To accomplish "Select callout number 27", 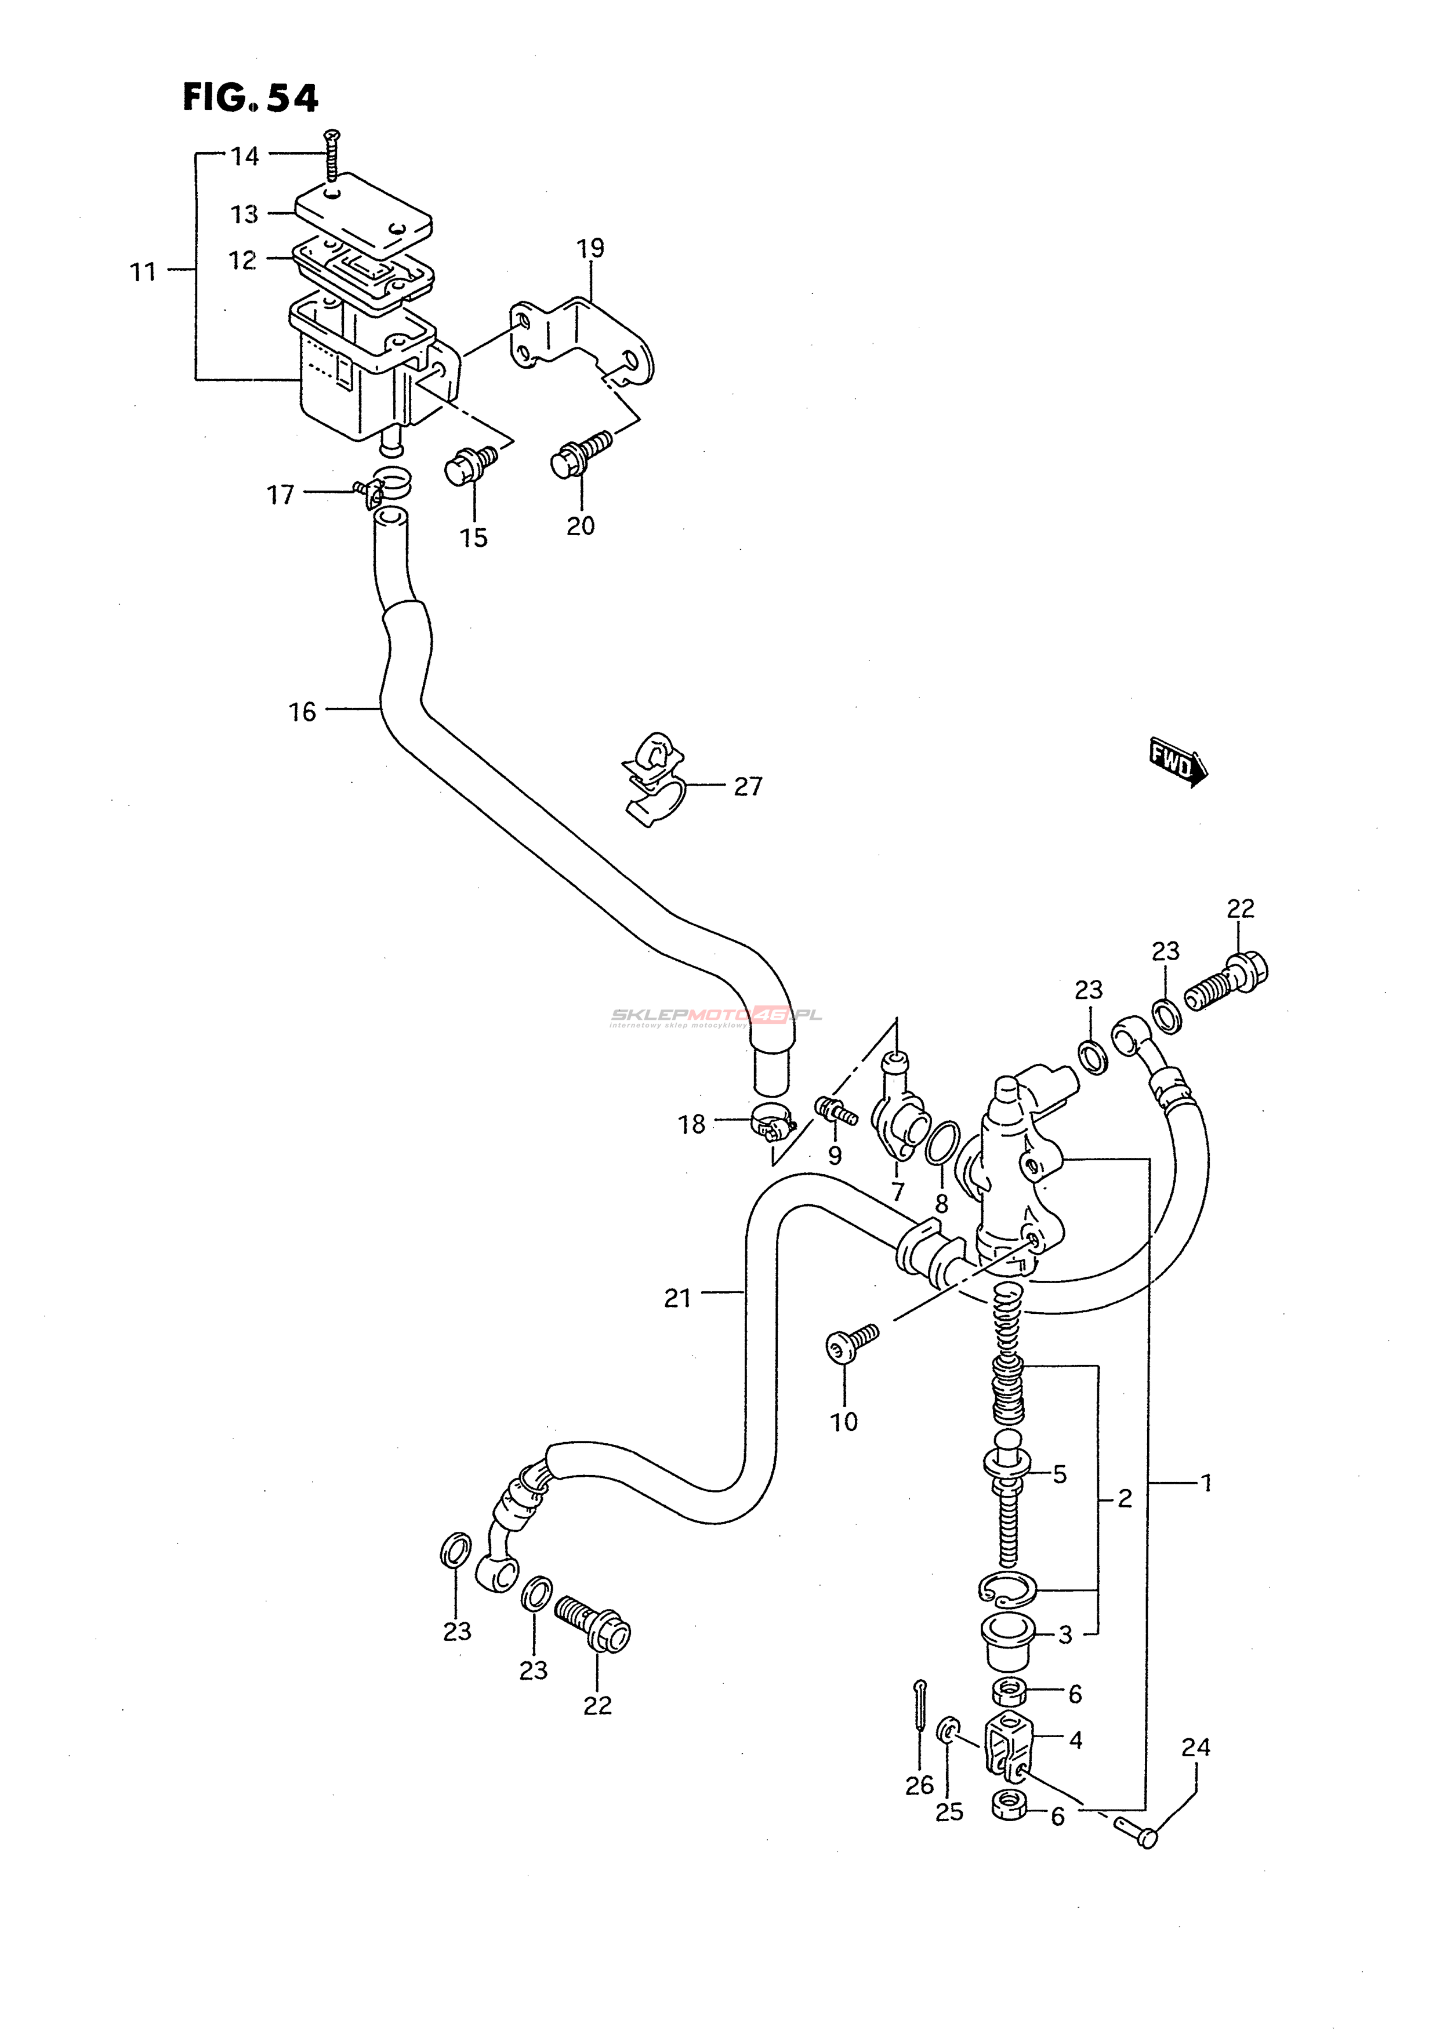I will [748, 787].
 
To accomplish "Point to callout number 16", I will [302, 711].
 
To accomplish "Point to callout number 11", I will [143, 272].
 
